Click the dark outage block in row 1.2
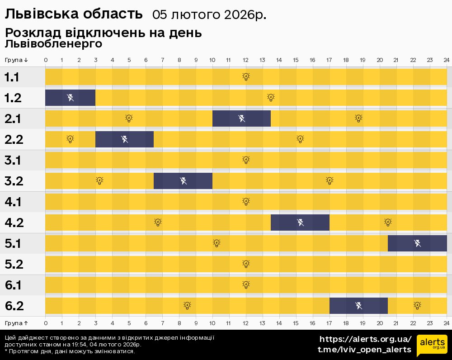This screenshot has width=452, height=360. [70, 98]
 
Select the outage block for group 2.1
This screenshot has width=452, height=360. [241, 118]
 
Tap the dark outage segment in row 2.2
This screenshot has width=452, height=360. [124, 139]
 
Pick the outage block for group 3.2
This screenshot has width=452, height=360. [183, 181]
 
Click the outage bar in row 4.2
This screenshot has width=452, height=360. [300, 223]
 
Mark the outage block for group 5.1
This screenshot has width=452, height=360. [417, 243]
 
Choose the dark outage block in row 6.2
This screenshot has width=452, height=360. [358, 306]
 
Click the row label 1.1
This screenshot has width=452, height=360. [12, 77]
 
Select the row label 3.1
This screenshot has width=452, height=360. [14, 161]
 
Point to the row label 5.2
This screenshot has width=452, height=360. [14, 265]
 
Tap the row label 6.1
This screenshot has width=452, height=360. [14, 285]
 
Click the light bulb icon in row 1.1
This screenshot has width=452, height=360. [246, 77]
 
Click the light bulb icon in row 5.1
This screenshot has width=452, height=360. [217, 243]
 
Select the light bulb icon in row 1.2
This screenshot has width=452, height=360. [271, 98]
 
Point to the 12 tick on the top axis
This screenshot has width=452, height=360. [246, 60]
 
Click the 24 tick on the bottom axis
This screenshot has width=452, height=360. [446, 323]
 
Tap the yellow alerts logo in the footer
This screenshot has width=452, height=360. [432, 346]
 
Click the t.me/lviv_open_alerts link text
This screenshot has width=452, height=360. [364, 350]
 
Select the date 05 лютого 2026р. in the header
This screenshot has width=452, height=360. [209, 15]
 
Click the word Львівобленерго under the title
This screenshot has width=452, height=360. [53, 44]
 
